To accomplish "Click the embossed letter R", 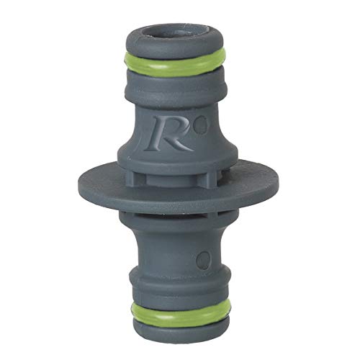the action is pyautogui.click(x=166, y=132).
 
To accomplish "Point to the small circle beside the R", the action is pyautogui.click(x=203, y=125).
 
